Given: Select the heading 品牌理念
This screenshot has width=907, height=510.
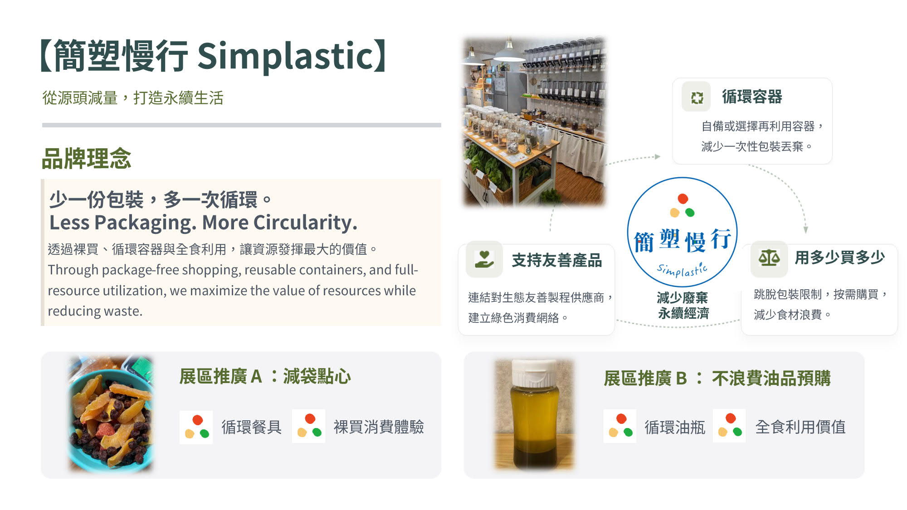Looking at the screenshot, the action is coord(86,159).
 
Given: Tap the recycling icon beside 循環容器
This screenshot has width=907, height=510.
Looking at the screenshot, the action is coord(697,97).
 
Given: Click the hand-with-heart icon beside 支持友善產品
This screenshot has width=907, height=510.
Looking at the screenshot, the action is coord(484,259).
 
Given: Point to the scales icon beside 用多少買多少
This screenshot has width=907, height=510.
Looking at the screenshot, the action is coord(769,258).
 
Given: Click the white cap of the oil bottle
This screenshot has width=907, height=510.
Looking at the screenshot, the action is coord(534,373).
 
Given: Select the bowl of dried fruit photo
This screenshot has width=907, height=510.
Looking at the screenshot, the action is coord(112,414).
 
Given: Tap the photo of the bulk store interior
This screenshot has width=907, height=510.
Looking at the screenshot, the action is coord(534,121).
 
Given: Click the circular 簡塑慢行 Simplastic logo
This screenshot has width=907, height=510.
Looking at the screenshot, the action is coord(682,232).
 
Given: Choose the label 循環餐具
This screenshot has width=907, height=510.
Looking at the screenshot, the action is coord(251,427).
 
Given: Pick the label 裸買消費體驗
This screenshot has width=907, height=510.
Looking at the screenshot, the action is coord(379,427).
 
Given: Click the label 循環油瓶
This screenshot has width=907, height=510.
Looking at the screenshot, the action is coord(675,427).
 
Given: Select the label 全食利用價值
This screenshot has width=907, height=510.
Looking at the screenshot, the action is coord(800,427).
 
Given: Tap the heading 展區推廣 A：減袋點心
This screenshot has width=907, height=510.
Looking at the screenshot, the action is coord(265,376).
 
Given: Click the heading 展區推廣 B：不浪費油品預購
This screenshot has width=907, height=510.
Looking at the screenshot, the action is coord(717,378).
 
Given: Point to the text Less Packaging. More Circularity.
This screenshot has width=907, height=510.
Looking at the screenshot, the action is coord(203,223).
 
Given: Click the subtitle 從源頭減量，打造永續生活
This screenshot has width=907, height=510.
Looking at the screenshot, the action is coord(133,98).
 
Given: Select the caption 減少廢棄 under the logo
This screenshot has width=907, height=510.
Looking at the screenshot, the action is coord(683,298).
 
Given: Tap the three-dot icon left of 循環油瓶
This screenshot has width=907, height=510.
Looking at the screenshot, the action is coord(620,426).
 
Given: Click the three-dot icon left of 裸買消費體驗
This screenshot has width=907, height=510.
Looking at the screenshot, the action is coord(309,426).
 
